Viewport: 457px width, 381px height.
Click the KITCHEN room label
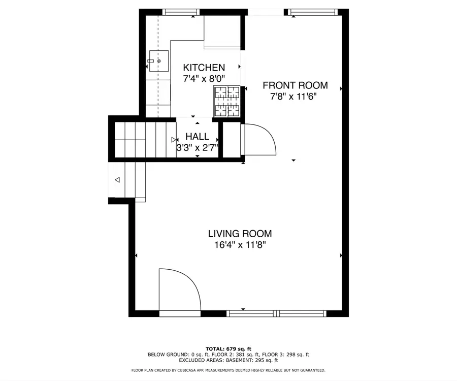tap(204, 68)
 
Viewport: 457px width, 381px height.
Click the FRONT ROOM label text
tap(295, 85)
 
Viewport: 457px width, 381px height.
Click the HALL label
tap(197, 137)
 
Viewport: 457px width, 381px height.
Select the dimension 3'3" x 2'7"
tap(197, 148)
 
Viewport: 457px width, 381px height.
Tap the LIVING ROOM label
tap(240, 234)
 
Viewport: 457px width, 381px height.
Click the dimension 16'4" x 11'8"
tap(240, 245)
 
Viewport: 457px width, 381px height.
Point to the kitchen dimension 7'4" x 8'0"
tap(204, 79)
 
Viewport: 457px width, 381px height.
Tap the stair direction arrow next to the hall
tap(174, 140)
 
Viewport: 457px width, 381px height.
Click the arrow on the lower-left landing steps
tap(117, 180)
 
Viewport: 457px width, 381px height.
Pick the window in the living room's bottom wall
tap(276, 313)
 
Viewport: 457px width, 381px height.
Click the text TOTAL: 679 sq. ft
tap(228, 348)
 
